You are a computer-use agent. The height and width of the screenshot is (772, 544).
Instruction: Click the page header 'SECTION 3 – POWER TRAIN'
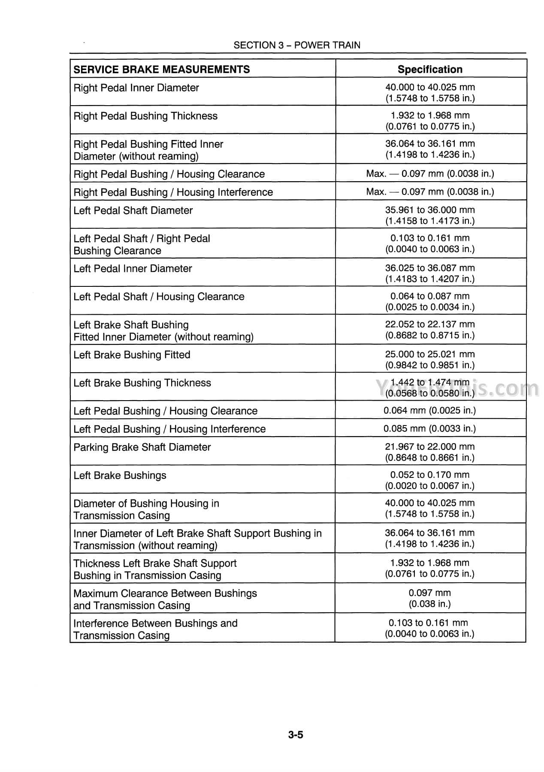tap(297, 45)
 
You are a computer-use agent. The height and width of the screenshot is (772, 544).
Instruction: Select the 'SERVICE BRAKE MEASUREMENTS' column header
tap(162, 70)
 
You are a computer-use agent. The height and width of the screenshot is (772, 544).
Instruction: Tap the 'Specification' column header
tap(430, 70)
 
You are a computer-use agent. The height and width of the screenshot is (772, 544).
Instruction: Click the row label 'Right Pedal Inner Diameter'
tap(136, 88)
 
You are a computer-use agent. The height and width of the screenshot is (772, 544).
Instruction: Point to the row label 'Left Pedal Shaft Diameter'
tap(133, 210)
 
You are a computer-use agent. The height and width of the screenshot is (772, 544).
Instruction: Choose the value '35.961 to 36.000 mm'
tap(430, 210)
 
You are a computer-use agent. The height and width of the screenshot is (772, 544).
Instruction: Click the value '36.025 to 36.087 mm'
tap(430, 268)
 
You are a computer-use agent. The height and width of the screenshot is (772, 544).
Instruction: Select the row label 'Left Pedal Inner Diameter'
tap(133, 269)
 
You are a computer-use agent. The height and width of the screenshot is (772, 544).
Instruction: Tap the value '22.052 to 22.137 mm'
tap(430, 324)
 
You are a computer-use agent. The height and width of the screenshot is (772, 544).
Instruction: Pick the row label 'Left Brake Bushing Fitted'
tap(132, 355)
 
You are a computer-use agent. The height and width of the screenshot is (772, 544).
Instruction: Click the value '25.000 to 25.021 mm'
tap(430, 354)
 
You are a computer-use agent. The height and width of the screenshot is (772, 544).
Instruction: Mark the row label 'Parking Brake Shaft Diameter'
tap(142, 447)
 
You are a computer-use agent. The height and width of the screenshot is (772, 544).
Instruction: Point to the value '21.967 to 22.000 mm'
tap(430, 447)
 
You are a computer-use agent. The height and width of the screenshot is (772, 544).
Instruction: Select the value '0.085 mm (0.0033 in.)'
tap(430, 429)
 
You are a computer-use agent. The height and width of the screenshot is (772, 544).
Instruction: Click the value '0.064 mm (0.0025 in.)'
tap(430, 410)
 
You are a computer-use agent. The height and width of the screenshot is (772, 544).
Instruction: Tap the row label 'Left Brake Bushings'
tap(120, 476)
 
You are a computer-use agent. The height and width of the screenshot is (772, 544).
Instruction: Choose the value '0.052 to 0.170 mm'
tap(430, 475)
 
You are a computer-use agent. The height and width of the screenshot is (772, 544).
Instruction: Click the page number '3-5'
tap(296, 735)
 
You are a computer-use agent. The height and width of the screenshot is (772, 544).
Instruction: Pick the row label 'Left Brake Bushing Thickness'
tap(142, 383)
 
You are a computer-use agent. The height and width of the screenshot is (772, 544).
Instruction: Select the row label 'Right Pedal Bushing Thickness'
tap(145, 116)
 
